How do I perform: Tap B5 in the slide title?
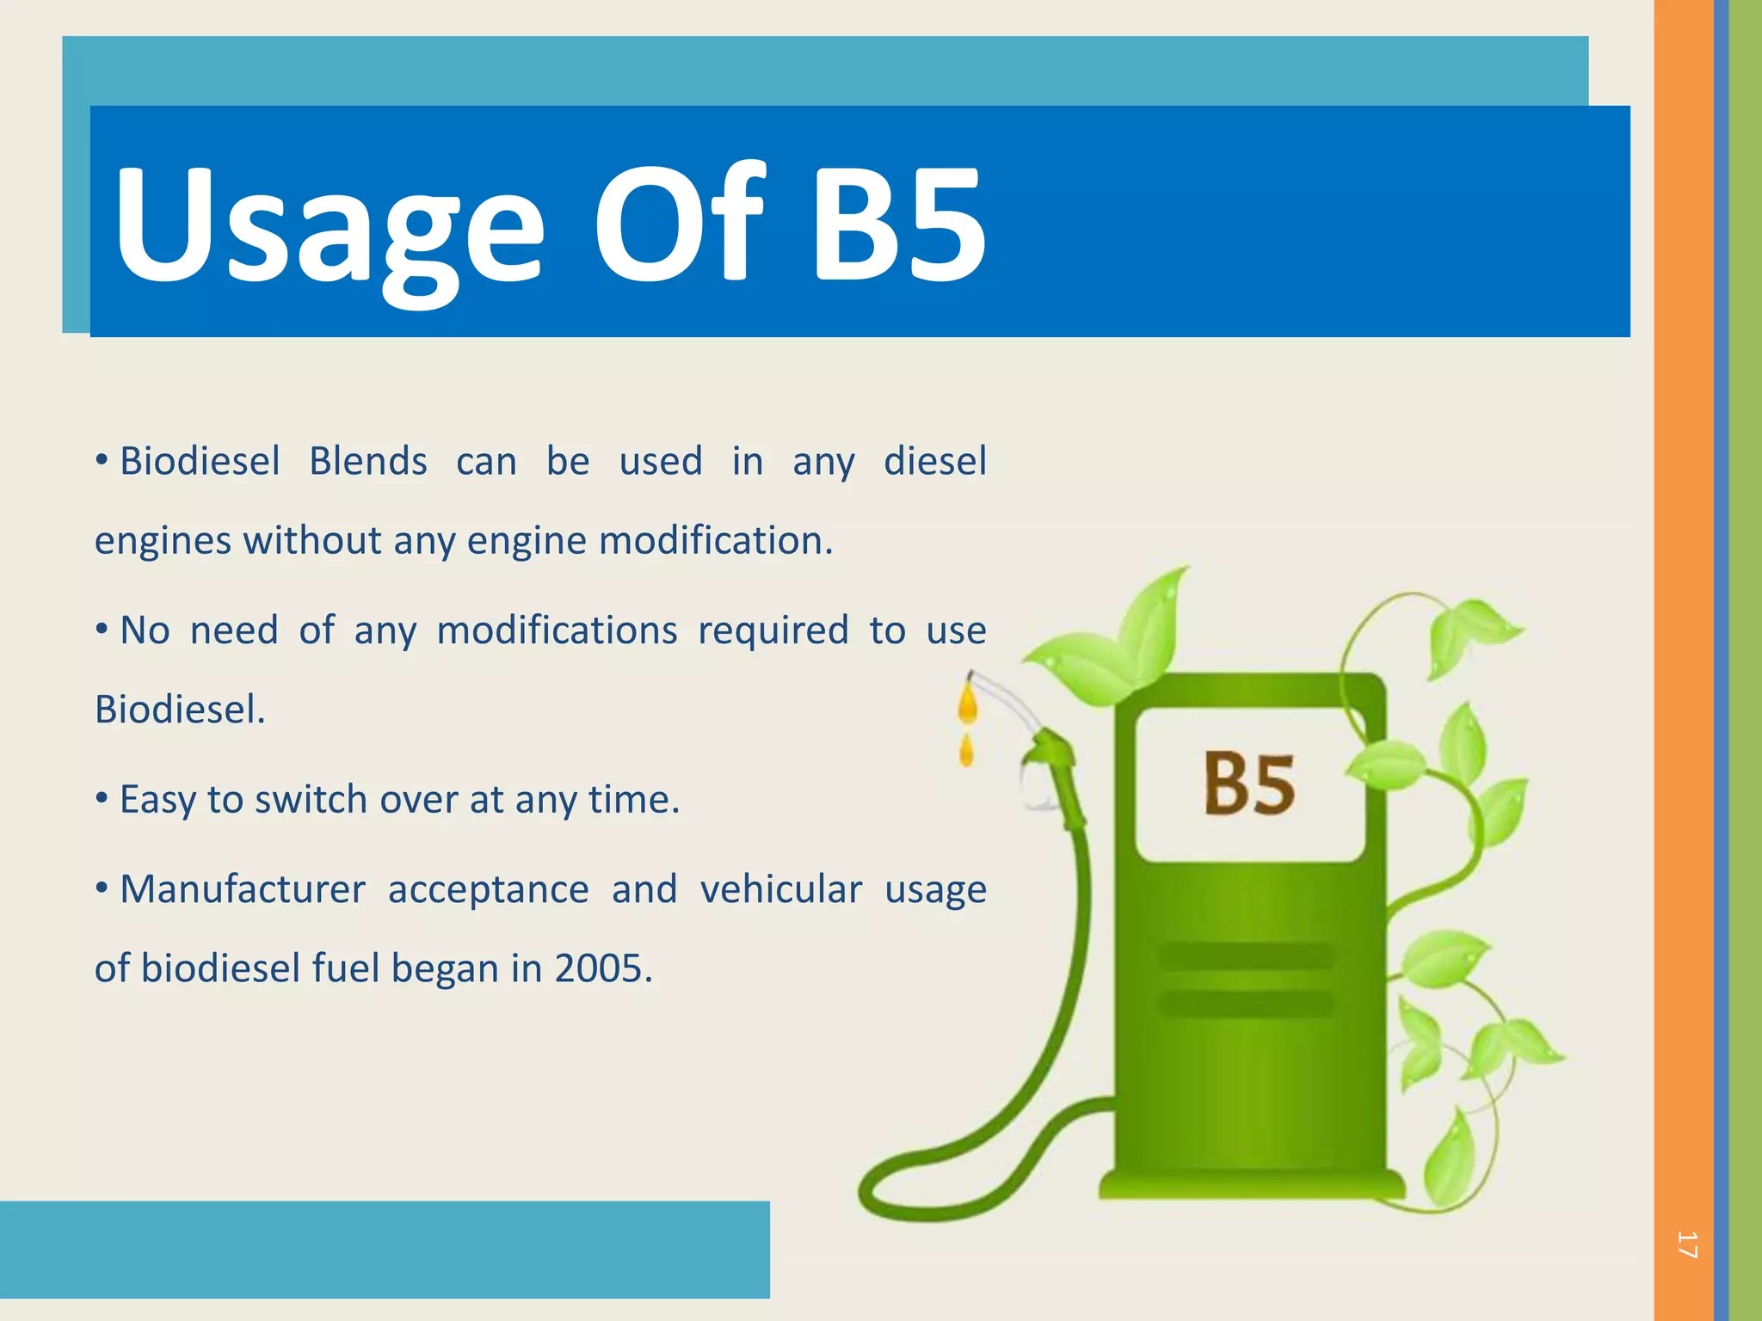898,225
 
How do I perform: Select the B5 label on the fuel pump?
1248,783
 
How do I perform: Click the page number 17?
1687,1244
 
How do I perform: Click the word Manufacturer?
243,889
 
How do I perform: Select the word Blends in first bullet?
368,462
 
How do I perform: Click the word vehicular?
780,889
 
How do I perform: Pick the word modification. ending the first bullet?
716,541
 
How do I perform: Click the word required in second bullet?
773,631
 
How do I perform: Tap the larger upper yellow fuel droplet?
969,704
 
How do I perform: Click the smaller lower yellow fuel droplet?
966,752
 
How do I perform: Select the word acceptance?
488,889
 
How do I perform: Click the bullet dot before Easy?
102,799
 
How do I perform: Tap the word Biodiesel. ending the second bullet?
180,710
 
